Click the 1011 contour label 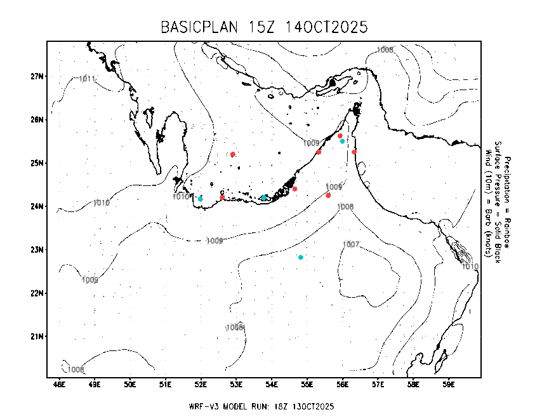87,79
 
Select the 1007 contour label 351,244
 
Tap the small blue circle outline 162,223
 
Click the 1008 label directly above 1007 345,207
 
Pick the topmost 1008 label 385,50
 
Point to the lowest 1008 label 76,369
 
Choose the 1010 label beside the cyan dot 181,197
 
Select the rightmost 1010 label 470,267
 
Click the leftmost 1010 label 102,203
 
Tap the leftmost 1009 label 90,280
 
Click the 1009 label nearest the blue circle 215,241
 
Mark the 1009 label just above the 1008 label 334,187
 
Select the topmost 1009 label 311,143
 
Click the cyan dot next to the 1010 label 200,199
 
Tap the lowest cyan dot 301,257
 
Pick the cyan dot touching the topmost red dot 343,141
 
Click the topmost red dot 340,136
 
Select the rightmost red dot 354,152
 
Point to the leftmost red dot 222,197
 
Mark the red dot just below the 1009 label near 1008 328,196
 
